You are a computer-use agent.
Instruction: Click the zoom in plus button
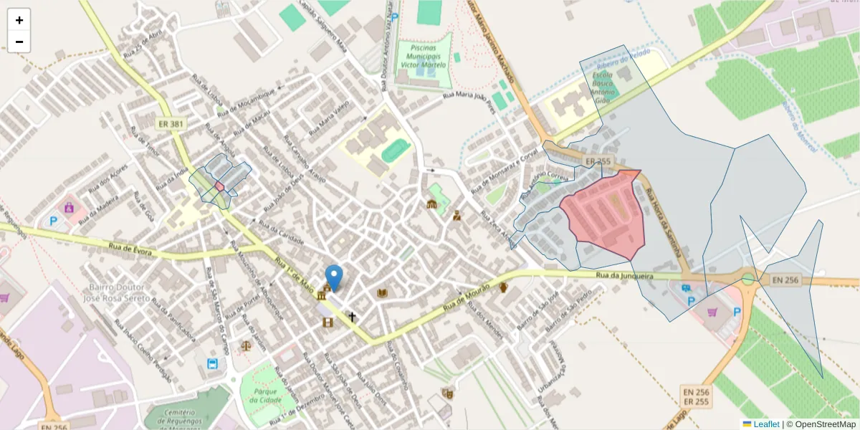point(19,20)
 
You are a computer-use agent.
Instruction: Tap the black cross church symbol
point(352,316)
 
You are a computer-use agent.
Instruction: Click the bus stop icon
point(213,363)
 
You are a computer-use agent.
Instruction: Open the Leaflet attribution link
point(766,424)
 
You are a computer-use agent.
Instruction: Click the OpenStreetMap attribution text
point(824,424)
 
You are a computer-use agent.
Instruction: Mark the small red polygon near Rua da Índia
point(219,186)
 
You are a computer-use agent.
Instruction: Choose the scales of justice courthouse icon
point(247,345)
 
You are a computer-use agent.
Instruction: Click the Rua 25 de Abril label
point(143,44)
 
